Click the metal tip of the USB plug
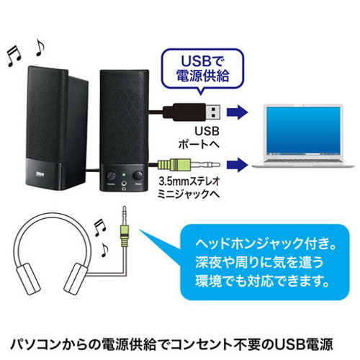(x=212, y=112)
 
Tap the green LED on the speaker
(x=124, y=174)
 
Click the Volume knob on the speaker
(x=111, y=176)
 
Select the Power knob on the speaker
(x=138, y=175)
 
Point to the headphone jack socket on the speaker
(x=124, y=184)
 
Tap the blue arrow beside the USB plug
(x=237, y=112)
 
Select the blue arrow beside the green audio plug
(x=237, y=165)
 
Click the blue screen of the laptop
(x=303, y=131)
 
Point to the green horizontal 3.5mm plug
(x=189, y=165)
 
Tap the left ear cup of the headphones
(x=29, y=278)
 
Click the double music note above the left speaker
(x=14, y=56)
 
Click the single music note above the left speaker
(x=40, y=48)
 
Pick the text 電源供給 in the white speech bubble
(x=203, y=76)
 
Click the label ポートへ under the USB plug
(x=199, y=145)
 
